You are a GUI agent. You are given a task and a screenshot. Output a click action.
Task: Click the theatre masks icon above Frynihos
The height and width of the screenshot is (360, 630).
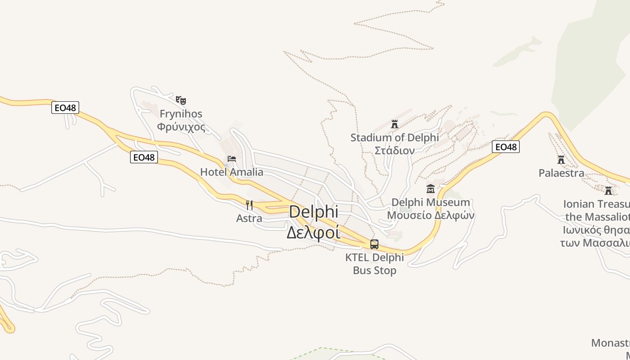[181, 100]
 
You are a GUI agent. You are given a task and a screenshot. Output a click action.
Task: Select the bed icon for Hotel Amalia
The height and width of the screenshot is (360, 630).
[232, 158]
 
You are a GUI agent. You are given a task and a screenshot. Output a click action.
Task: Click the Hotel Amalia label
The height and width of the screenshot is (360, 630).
[232, 172]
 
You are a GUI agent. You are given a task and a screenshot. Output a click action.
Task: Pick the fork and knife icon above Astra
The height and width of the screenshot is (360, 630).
[249, 205]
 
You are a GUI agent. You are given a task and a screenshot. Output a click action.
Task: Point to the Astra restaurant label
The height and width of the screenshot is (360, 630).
[249, 219]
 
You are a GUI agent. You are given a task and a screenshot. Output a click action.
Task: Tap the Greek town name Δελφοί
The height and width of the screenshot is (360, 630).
[313, 233]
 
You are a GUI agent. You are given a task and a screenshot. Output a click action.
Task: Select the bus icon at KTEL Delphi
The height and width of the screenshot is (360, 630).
[374, 244]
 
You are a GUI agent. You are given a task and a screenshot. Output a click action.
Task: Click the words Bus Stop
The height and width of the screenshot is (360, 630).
[374, 270]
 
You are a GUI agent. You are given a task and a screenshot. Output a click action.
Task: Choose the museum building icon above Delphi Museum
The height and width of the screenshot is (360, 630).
[431, 189]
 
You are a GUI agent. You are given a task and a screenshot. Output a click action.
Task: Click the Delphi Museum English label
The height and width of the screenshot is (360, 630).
[431, 202]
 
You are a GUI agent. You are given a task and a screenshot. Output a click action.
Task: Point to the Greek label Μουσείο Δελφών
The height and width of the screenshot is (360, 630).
[431, 215]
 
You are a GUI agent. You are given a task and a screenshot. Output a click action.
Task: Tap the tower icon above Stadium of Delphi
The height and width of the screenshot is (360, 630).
[395, 124]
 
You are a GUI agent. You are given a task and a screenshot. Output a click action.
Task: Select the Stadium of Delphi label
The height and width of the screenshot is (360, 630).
[395, 137]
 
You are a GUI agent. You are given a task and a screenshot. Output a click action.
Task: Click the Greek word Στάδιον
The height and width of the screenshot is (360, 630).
[395, 150]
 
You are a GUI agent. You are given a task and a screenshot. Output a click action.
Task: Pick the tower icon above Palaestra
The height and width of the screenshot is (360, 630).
[561, 159]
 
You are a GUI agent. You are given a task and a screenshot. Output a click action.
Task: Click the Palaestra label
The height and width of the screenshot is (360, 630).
[561, 173]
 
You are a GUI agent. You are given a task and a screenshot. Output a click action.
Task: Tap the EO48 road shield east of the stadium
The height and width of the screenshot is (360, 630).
[505, 147]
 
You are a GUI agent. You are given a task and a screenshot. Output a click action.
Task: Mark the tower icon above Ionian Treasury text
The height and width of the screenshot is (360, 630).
[608, 190]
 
